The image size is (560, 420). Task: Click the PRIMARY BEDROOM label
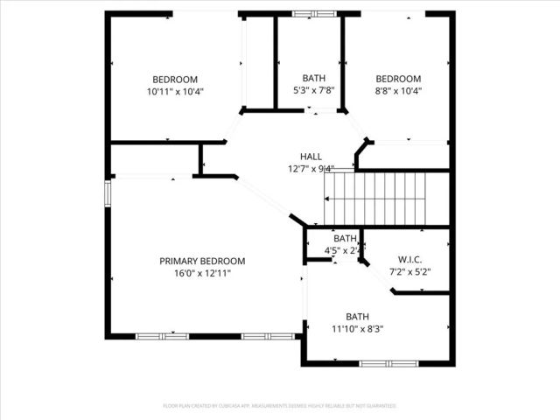tap(202, 261)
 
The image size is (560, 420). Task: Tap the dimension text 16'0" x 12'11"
tap(202, 273)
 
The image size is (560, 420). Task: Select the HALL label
tap(311, 156)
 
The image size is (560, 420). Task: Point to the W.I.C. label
tap(409, 259)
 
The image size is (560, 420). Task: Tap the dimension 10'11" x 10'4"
tap(175, 91)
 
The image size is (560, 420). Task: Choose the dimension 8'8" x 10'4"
tap(398, 91)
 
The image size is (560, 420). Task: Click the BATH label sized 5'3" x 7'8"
tap(314, 79)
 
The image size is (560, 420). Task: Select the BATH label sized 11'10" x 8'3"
tap(357, 317)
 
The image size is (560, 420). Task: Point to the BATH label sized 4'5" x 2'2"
tap(345, 238)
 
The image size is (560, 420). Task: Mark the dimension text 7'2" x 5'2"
tap(409, 271)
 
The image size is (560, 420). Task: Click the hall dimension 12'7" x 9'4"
tap(311, 169)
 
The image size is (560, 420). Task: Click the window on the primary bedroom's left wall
tap(108, 192)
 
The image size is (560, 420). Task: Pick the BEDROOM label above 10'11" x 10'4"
tap(175, 79)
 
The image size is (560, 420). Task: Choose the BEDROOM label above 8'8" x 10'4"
tap(398, 79)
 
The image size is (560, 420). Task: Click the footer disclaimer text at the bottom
tap(280, 406)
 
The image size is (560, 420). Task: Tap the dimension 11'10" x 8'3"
tap(357, 329)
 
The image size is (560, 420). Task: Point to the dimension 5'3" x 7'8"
tap(314, 91)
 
